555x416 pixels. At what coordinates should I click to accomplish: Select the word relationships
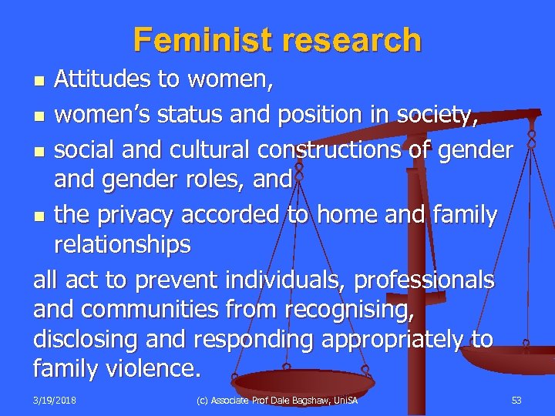122,244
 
